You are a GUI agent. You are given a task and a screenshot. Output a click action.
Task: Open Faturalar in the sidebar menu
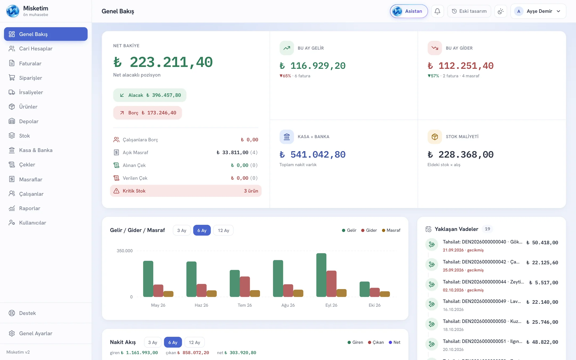click(30, 63)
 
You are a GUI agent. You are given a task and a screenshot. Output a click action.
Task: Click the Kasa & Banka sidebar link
click(36, 150)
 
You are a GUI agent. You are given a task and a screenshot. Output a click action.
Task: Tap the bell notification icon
click(437, 11)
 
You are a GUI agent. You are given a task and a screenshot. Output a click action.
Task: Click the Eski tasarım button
click(469, 11)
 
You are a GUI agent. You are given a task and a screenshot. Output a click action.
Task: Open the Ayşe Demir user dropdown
click(538, 11)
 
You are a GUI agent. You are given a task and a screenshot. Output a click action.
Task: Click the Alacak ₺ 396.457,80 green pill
click(150, 95)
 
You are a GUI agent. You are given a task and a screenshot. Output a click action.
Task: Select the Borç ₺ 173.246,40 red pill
click(147, 113)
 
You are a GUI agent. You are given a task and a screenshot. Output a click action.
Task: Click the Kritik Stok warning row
click(186, 191)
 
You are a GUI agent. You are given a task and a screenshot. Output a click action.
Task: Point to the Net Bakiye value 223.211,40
click(163, 62)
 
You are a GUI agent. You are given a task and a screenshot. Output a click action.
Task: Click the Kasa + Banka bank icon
click(287, 137)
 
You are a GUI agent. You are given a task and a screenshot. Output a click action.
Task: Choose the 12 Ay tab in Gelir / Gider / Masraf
click(223, 230)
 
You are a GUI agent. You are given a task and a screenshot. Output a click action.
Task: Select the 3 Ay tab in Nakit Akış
click(153, 342)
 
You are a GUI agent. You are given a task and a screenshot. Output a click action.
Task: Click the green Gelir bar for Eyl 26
click(321, 275)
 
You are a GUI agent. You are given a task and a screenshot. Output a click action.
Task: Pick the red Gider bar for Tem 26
click(245, 287)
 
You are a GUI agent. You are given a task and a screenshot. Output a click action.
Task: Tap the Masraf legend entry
click(391, 230)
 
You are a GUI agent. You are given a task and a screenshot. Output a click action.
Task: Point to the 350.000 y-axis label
click(125, 251)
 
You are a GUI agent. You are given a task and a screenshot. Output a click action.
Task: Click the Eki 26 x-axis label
click(374, 305)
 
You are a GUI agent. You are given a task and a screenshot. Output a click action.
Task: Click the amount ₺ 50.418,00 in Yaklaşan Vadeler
click(542, 243)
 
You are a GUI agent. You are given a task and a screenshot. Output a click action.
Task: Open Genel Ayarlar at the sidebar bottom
click(36, 333)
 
